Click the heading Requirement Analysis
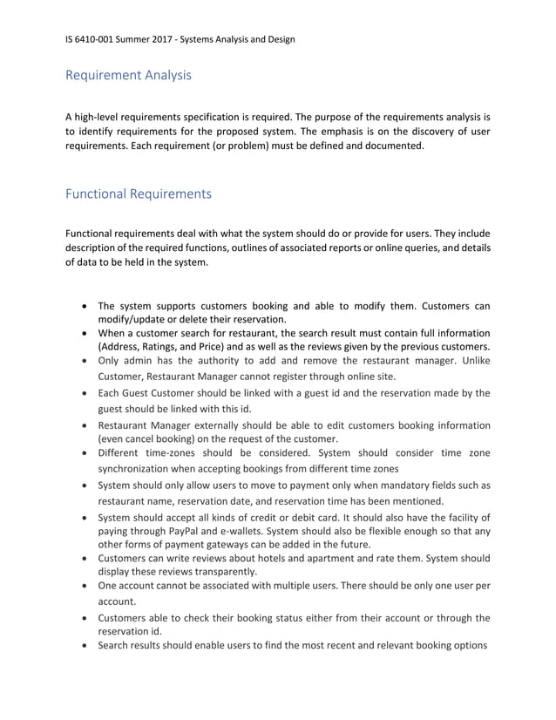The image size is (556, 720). point(128,75)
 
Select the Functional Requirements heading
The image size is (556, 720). point(138,194)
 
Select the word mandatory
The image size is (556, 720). point(383,486)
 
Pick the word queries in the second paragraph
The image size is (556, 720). point(397,248)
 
